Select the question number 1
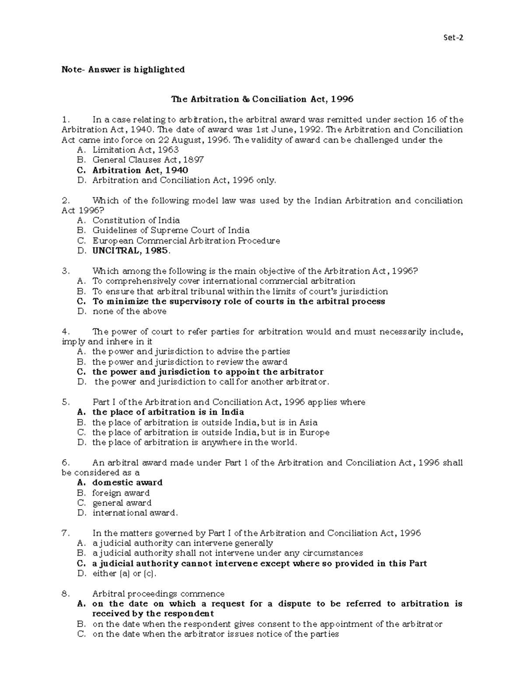click(66, 120)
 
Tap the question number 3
click(66, 271)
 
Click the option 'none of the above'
click(129, 311)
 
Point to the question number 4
click(66, 331)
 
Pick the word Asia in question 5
click(308, 423)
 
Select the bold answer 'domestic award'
click(127, 483)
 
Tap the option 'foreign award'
click(121, 493)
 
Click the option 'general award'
click(122, 503)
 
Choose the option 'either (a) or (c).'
click(124, 574)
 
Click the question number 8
click(66, 594)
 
